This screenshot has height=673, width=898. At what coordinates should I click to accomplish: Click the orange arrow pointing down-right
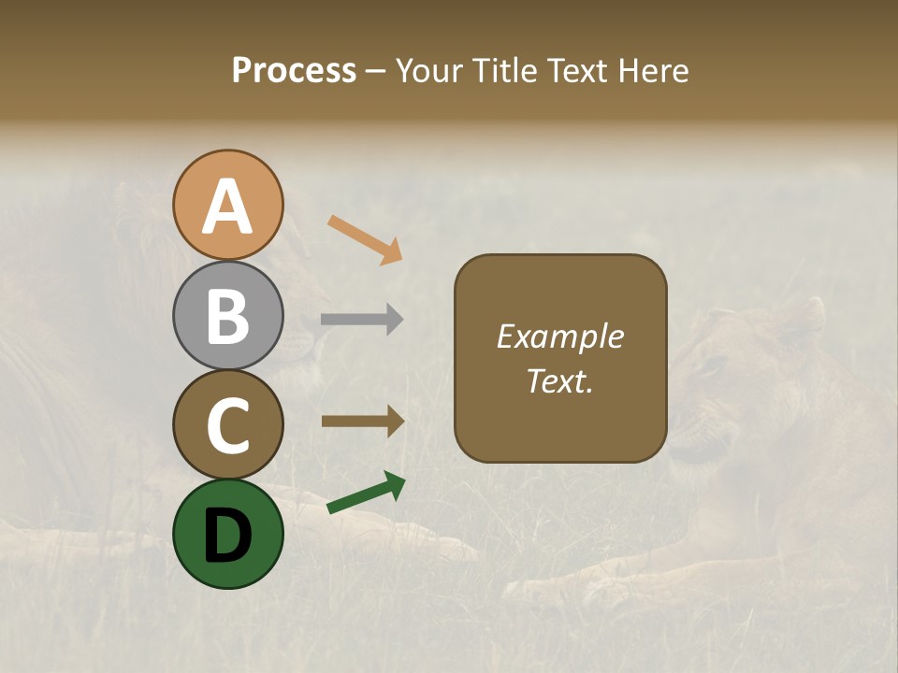coord(365,239)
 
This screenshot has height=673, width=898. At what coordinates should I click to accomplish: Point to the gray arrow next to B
coord(362,320)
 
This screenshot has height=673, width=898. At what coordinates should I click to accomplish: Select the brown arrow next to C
coord(363,421)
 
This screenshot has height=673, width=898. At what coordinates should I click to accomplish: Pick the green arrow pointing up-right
coord(366,494)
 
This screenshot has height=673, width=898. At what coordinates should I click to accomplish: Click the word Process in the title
coord(294,71)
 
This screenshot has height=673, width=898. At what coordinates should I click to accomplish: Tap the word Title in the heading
coord(501,71)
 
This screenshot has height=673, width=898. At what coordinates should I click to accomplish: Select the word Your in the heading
coord(430,71)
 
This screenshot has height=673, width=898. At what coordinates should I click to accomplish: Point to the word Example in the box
coord(560,336)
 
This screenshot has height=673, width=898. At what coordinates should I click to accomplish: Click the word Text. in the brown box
coord(560,380)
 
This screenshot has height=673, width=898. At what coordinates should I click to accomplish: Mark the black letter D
coord(227,535)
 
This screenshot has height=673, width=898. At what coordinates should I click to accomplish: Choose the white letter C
coord(227,425)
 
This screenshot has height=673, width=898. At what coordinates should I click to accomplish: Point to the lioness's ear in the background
coord(808,313)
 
